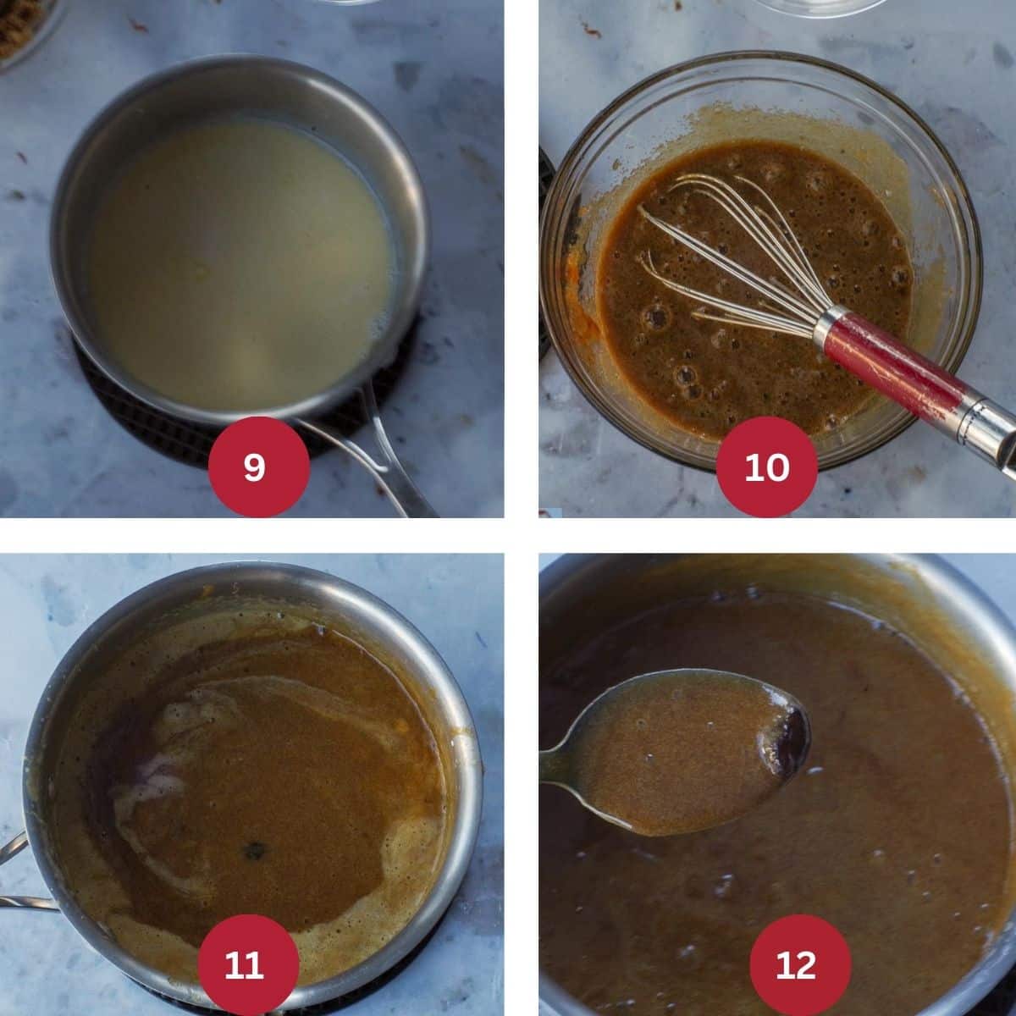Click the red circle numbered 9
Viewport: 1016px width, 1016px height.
click(x=254, y=467)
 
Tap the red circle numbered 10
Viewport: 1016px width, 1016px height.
click(x=767, y=467)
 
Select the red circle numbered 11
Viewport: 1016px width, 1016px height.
click(x=247, y=964)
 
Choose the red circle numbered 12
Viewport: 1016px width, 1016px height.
click(x=795, y=964)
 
